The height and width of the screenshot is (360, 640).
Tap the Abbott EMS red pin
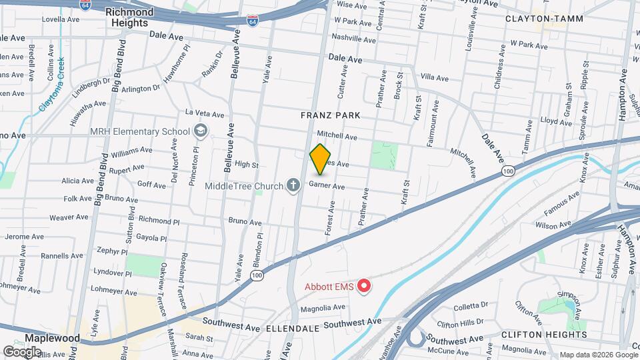coord(364,287)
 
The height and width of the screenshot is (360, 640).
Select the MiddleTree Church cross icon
coord(292,185)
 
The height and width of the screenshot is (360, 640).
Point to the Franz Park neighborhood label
coord(330,115)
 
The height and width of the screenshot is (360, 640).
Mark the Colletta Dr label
coord(471,306)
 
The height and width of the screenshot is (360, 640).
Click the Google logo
coord(22,351)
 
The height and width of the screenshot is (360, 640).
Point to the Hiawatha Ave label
coord(88,114)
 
